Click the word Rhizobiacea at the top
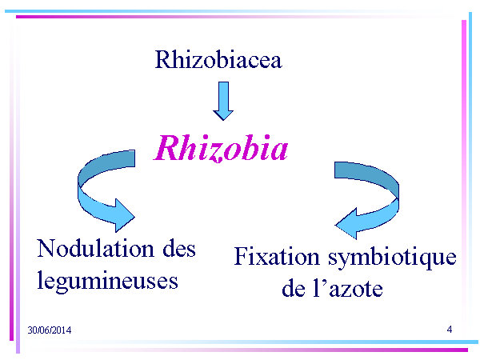coord(218,59)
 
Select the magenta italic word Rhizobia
coord(221,148)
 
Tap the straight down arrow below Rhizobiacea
coord(223,101)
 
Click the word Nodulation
coord(95,249)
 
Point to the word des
coord(179,249)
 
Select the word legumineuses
coord(107,281)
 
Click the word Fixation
coord(277,256)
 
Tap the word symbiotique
coord(392,258)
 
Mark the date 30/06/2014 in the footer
coord(50,330)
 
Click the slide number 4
coord(450,330)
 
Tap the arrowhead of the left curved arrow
coord(125,215)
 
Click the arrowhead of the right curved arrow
coord(346,224)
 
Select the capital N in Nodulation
coord(46,248)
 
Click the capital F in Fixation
coord(242,256)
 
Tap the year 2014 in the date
coord(62,330)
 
